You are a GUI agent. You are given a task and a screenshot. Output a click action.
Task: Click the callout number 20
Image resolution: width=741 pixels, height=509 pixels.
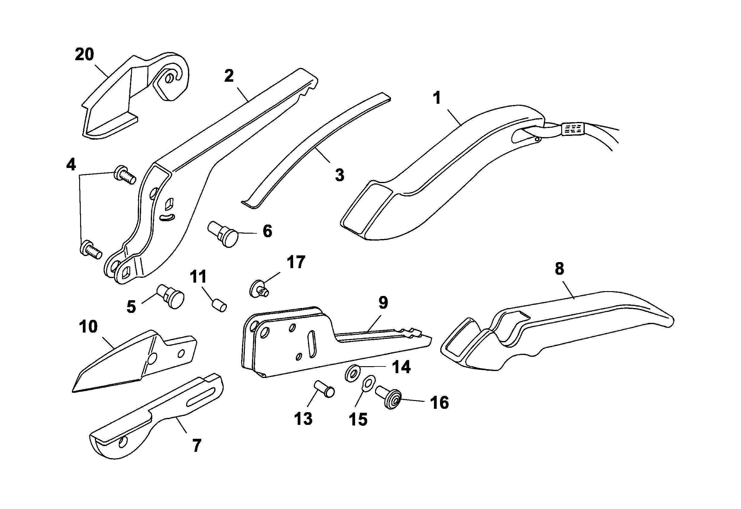[84, 54]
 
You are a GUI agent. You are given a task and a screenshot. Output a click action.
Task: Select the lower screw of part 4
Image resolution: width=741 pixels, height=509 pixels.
[91, 249]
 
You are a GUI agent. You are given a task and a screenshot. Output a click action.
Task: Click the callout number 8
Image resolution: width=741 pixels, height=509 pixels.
[559, 269]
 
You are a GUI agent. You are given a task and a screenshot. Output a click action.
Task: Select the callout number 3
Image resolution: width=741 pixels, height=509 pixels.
[340, 175]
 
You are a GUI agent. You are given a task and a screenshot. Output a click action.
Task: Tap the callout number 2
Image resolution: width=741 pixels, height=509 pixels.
[228, 76]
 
